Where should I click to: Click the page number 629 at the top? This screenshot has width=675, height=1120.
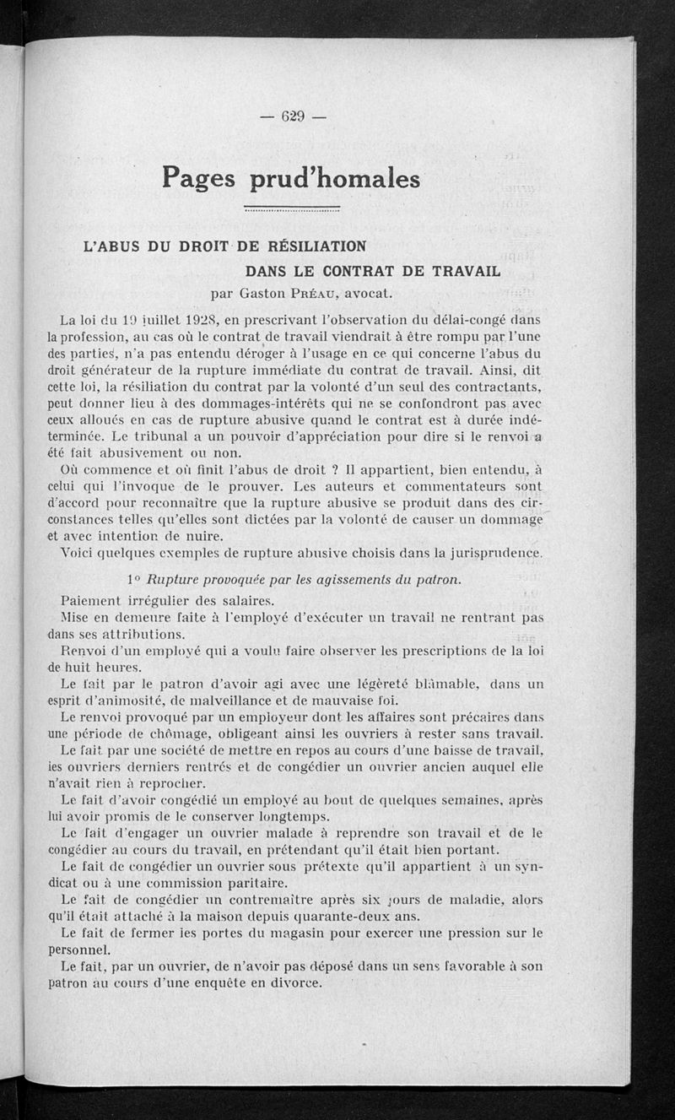(293, 116)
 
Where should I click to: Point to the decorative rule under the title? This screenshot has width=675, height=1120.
(291, 208)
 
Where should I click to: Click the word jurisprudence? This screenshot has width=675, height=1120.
(496, 554)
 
